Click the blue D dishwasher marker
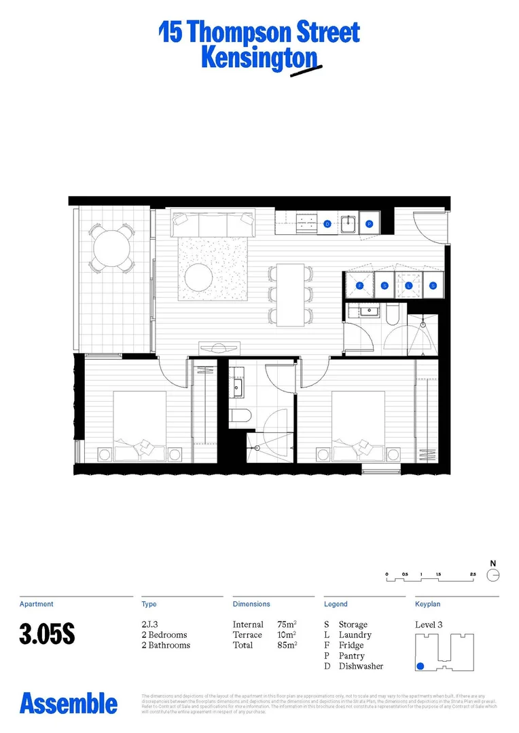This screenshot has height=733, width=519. click(327, 223)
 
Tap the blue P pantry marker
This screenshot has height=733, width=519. click(370, 223)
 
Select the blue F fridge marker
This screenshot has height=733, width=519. click(360, 286)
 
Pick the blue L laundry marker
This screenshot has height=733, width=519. click(410, 286)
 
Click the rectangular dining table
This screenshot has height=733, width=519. click(290, 295)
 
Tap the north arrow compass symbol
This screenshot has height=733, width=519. click(494, 575)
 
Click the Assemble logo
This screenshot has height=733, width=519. click(68, 703)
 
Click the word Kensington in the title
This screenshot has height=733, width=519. click(258, 58)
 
